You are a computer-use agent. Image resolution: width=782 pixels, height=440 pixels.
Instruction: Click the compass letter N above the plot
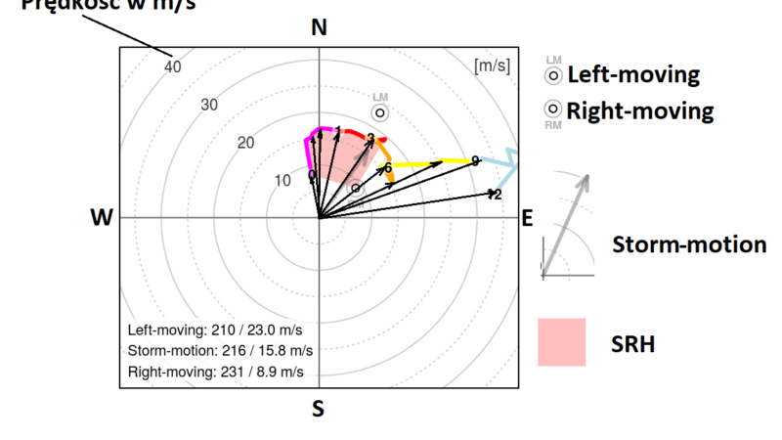pyautogui.click(x=319, y=27)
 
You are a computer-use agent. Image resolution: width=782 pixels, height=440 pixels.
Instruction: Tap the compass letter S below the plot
pyautogui.click(x=318, y=409)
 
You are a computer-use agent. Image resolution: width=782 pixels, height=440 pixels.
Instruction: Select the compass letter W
pyautogui.click(x=102, y=218)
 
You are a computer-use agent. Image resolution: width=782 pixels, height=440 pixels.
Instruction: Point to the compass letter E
pyautogui.click(x=527, y=218)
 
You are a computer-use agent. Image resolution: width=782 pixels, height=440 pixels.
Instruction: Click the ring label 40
pyautogui.click(x=173, y=67)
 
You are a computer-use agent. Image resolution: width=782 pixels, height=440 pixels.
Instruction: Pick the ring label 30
pyautogui.click(x=209, y=105)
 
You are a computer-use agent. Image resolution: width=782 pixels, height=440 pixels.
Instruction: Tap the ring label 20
pyautogui.click(x=245, y=143)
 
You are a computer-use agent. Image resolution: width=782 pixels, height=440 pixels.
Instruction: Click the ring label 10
pyautogui.click(x=282, y=180)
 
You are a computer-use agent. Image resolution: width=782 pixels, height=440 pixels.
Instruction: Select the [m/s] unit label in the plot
pyautogui.click(x=491, y=66)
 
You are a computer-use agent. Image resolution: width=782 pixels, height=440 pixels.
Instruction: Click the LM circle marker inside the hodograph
pyautogui.click(x=380, y=112)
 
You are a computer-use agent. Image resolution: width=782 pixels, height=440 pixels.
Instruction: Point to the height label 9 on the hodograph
pyautogui.click(x=475, y=160)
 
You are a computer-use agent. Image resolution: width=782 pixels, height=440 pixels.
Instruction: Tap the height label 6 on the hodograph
pyautogui.click(x=388, y=168)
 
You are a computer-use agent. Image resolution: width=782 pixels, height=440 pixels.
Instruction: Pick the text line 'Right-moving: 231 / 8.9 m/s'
pyautogui.click(x=216, y=372)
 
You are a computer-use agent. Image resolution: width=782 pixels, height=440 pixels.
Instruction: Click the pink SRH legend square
pyautogui.click(x=561, y=341)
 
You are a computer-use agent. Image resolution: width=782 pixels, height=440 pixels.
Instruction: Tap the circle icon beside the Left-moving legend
pyautogui.click(x=552, y=74)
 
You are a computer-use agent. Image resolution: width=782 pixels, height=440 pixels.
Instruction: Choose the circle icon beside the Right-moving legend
pyautogui.click(x=552, y=109)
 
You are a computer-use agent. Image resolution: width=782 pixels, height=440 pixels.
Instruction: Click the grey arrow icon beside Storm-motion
pyautogui.click(x=566, y=224)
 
